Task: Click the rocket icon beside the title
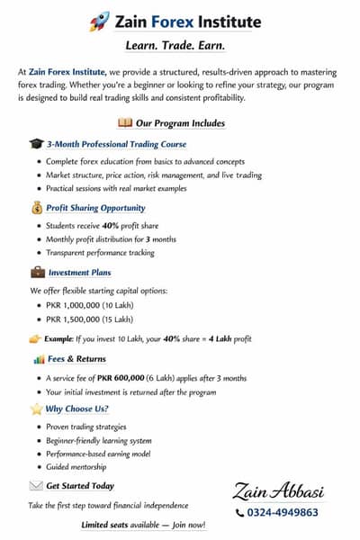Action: (x=99, y=21)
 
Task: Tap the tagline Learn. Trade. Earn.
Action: (x=180, y=45)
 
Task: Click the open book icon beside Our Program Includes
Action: (x=125, y=122)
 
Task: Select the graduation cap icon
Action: (x=35, y=144)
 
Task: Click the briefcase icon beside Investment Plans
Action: (x=38, y=272)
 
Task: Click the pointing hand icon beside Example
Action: (x=35, y=338)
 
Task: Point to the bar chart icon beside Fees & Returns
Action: (x=39, y=359)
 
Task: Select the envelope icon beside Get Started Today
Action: (x=36, y=486)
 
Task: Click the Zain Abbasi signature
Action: (x=275, y=490)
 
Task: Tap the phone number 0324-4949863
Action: (x=283, y=512)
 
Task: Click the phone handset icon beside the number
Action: (x=239, y=512)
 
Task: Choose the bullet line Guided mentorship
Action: (x=76, y=466)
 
